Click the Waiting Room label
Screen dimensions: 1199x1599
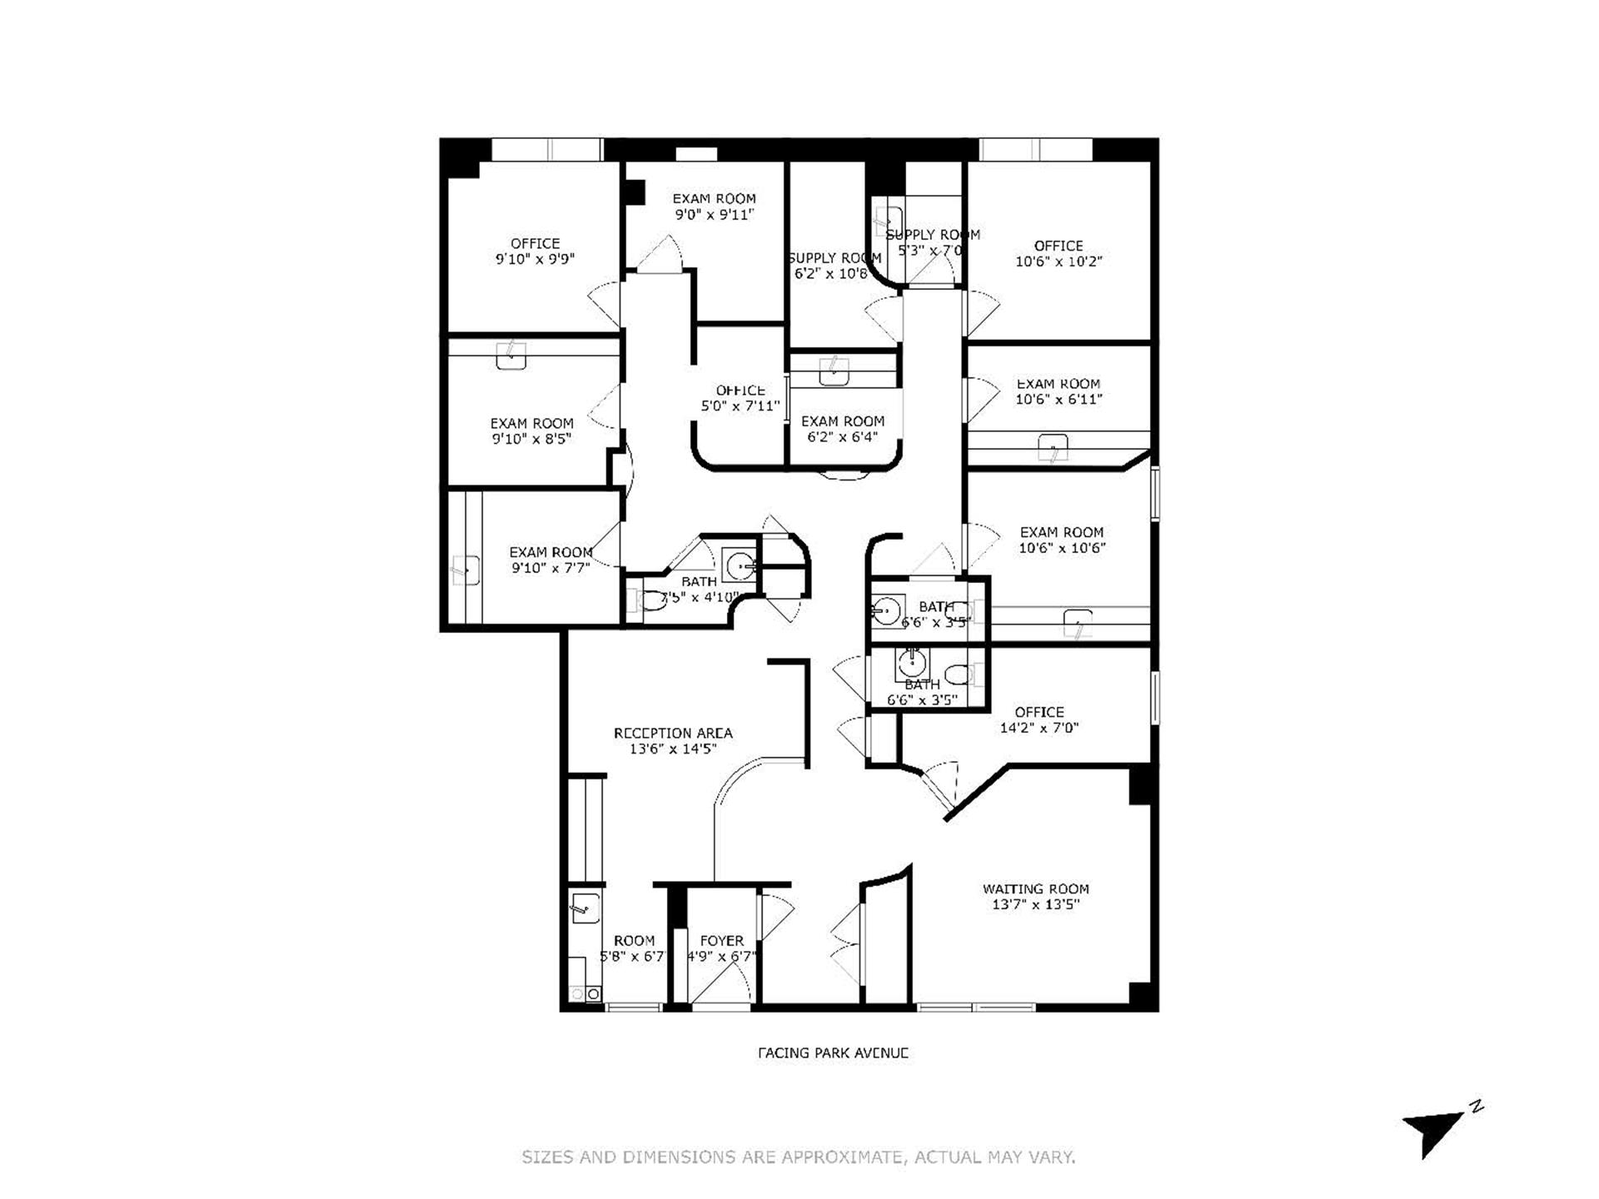pyautogui.click(x=1035, y=888)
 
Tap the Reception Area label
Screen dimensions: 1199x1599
pyautogui.click(x=673, y=734)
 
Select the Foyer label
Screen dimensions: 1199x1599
pyautogui.click(x=721, y=941)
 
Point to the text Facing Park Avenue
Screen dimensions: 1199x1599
pyautogui.click(x=832, y=1052)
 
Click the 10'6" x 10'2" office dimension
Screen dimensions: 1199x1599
pyautogui.click(x=1059, y=261)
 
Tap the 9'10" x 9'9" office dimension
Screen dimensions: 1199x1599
pyautogui.click(x=535, y=259)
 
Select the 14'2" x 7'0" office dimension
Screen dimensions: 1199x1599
pyautogui.click(x=1039, y=728)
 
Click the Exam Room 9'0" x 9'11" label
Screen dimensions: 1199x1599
pyautogui.click(x=714, y=198)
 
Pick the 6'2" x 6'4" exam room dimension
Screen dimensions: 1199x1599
pyautogui.click(x=842, y=436)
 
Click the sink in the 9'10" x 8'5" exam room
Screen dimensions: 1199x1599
pyautogui.click(x=511, y=356)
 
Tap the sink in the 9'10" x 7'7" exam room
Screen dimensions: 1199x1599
pyautogui.click(x=466, y=571)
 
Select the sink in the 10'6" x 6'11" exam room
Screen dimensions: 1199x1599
pyautogui.click(x=1053, y=448)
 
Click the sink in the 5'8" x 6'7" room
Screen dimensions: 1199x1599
pyautogui.click(x=584, y=907)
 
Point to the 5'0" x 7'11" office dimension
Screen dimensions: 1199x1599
pyautogui.click(x=740, y=406)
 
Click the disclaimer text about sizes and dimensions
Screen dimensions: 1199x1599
pyautogui.click(x=799, y=1157)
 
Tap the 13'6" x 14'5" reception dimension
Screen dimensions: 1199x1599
pyautogui.click(x=673, y=749)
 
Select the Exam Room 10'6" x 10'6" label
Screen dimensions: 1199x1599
pyautogui.click(x=1062, y=532)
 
